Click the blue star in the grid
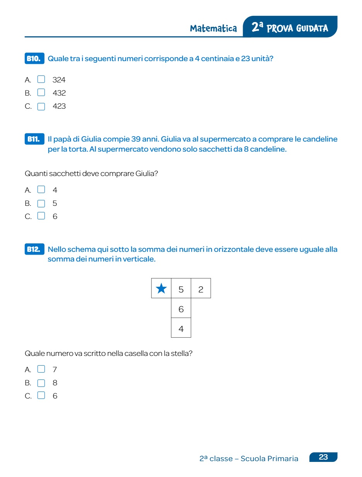coord(161,289)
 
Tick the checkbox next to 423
coord(41,106)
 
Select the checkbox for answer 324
coord(41,80)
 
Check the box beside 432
coord(41,93)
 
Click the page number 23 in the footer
coord(323,457)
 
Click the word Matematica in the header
coord(213,29)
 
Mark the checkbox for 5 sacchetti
coord(41,203)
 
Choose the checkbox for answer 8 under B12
coord(41,383)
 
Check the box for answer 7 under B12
coord(41,369)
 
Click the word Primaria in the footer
coord(282,459)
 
